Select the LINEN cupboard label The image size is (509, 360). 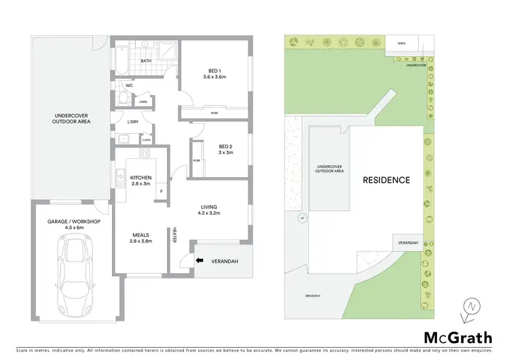pos(143,102)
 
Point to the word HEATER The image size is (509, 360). pos(174,235)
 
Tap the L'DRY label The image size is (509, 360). pos(133,122)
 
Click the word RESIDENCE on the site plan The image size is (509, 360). pos(386,181)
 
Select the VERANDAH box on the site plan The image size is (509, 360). pos(408,242)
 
